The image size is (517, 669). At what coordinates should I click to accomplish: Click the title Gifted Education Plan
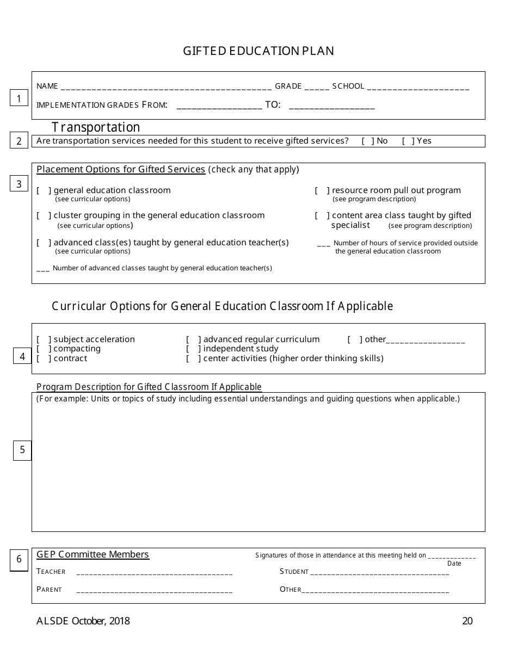pos(258,51)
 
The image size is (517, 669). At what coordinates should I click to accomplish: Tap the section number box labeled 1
pos(19,98)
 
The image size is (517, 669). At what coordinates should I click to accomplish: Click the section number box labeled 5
pos(22,450)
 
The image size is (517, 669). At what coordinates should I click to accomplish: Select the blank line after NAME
pos(166,86)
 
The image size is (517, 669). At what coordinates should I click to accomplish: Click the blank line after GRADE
pos(316,86)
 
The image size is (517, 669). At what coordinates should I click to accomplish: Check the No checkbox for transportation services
pos(368,141)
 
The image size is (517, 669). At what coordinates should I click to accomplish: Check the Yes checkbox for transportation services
pos(408,141)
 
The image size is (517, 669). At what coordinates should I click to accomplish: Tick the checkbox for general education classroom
pos(44,190)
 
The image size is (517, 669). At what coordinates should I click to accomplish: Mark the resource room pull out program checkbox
pos(322,190)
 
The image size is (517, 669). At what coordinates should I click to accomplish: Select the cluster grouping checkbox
pos(44,215)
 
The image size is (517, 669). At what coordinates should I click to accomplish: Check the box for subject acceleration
pos(44,339)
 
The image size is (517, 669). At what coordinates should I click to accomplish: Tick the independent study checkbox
pos(194,349)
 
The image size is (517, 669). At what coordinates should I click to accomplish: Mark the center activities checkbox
pos(194,358)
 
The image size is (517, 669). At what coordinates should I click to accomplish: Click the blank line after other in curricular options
pos(426,340)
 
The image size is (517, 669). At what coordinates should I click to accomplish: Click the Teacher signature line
pos(155,572)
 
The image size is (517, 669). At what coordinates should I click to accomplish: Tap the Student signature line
pos(379,572)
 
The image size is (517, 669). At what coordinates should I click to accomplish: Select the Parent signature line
pos(155,590)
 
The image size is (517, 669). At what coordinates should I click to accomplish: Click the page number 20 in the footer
pos(467,621)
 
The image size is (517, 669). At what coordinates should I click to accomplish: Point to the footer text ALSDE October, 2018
pos(83,621)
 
